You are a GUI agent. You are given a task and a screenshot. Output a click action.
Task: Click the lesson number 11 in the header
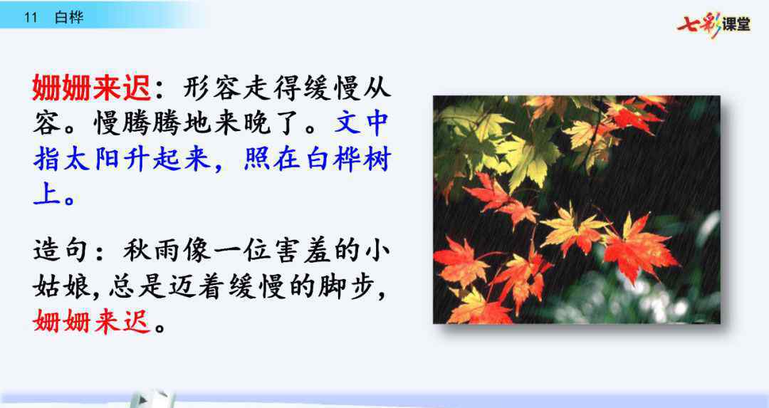coord(31,18)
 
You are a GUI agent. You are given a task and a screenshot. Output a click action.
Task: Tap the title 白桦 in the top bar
coord(69,18)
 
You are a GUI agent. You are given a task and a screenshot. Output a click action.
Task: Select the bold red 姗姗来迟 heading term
coord(91,88)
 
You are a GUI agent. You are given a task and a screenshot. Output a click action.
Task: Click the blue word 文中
coord(362,123)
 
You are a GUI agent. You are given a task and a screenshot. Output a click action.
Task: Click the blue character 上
coord(46,194)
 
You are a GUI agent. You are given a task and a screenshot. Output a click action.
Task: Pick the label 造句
coord(61,250)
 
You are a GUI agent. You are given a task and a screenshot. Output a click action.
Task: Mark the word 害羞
coord(302,250)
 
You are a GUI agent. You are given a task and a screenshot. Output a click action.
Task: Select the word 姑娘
coord(61,286)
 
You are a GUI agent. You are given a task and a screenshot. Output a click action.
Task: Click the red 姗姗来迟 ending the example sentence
coord(91,322)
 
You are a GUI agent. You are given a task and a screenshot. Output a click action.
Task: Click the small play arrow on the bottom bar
coord(143,399)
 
